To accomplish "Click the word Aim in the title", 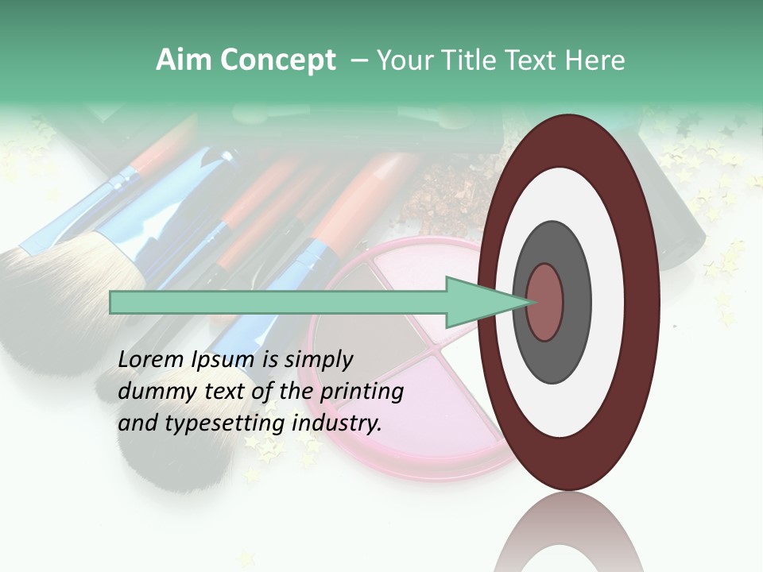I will coord(184,60).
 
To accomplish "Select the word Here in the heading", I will coord(597,60).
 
